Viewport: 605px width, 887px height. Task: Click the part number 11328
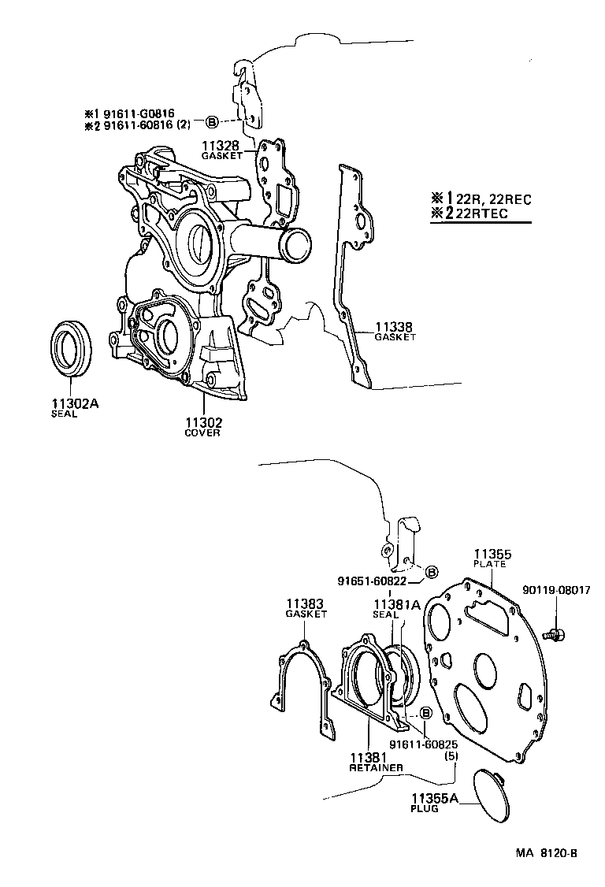click(x=219, y=146)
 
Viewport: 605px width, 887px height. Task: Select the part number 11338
click(x=394, y=326)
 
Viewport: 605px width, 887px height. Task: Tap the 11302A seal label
click(x=75, y=404)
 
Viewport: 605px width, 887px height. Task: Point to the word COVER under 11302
click(x=202, y=432)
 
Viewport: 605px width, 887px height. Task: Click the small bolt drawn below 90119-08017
click(x=556, y=632)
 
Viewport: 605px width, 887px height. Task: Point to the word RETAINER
click(x=376, y=766)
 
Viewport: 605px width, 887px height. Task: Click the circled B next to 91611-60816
click(x=211, y=121)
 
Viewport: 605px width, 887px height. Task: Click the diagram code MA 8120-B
click(x=547, y=853)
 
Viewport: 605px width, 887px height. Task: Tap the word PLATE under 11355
click(x=489, y=564)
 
